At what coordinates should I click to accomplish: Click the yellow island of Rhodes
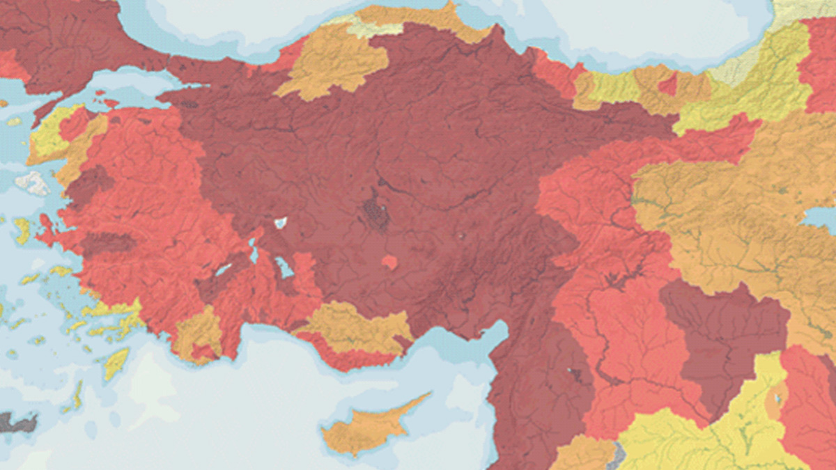[x=116, y=363]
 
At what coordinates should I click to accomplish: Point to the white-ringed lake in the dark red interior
[x=281, y=223]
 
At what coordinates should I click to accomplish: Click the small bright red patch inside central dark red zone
[x=389, y=263]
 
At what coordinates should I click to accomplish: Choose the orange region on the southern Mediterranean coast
[x=355, y=327]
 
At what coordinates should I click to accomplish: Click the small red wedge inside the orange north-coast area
[x=667, y=85]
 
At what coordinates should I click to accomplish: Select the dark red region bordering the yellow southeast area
[x=725, y=334]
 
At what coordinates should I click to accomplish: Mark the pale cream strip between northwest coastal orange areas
[x=369, y=29]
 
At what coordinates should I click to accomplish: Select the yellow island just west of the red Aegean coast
[x=21, y=229]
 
